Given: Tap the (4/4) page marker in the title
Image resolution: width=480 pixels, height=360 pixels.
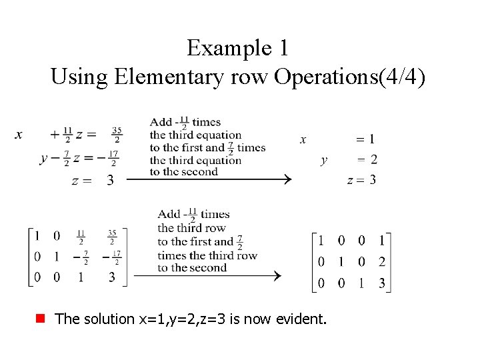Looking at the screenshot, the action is tap(401, 77).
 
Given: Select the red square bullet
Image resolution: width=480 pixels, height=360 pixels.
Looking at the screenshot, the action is tap(42, 319).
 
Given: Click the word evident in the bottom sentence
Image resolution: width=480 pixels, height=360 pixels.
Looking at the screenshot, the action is tap(303, 319).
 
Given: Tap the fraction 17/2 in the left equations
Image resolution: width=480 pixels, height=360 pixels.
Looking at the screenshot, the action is tap(113, 160).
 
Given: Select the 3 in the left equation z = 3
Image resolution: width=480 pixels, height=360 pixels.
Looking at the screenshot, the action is tap(110, 181).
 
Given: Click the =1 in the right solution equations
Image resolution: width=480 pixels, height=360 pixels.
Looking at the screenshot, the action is tap(365, 140).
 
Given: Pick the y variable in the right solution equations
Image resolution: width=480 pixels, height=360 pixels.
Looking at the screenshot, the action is tap(324, 160).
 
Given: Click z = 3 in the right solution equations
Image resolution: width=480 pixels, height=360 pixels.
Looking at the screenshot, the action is tap(362, 179).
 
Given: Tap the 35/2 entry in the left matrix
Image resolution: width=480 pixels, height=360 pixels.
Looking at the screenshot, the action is tap(113, 237).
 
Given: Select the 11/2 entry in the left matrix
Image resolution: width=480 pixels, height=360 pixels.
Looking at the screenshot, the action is tap(81, 237).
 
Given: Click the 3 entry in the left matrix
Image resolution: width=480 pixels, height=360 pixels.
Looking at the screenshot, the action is tap(111, 277).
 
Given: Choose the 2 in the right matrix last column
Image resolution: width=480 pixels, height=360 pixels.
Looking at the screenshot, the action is tap(382, 262).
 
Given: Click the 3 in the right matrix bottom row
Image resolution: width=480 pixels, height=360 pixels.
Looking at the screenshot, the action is tap(382, 283).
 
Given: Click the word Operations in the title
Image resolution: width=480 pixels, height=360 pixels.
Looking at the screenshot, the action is tap(326, 77).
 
